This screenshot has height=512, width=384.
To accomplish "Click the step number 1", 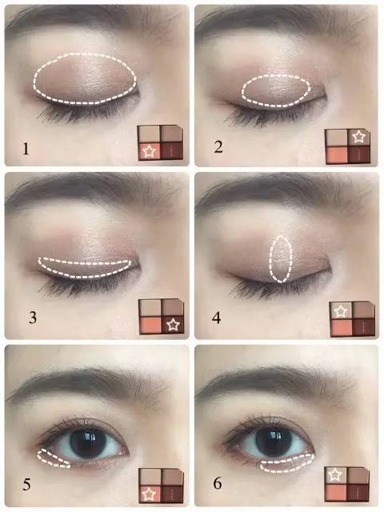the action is [x=26, y=149].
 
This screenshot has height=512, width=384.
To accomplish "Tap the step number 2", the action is [x=218, y=146].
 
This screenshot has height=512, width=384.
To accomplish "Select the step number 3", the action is [x=32, y=317].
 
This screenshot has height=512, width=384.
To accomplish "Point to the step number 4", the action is [x=217, y=318].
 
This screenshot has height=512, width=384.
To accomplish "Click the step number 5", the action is [x=26, y=485].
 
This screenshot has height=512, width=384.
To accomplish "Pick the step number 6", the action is [x=218, y=483].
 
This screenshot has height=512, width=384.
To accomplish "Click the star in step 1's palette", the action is [x=149, y=151].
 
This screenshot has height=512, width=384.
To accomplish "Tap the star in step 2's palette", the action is [x=359, y=137].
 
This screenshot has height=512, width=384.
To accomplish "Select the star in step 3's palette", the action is [x=173, y=325].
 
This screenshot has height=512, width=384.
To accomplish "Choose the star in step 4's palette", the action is [x=341, y=311].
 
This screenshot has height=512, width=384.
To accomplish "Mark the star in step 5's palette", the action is [x=150, y=494].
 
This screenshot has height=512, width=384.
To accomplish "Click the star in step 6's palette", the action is [x=335, y=474].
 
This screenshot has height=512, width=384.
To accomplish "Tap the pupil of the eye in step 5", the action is [x=88, y=444].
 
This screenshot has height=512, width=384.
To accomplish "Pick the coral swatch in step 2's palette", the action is [x=337, y=155].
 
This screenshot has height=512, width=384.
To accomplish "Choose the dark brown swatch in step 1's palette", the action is [x=172, y=151].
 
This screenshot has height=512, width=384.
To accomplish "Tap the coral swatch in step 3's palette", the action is [x=150, y=326].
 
